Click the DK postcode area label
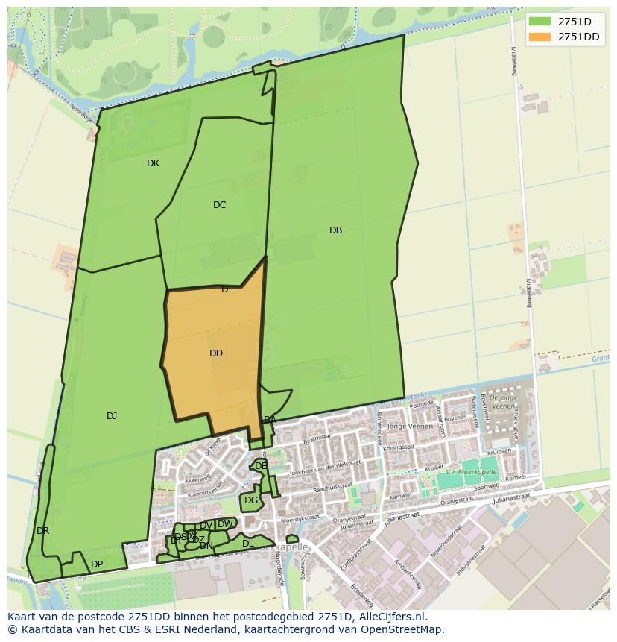[153, 163]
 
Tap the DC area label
[219, 205]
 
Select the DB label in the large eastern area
[335, 230]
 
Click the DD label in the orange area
[216, 353]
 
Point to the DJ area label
[112, 416]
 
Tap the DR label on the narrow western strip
[42, 531]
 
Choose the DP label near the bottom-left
[97, 564]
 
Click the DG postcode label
[251, 500]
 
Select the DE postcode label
[261, 466]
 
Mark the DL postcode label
[248, 544]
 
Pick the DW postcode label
[224, 524]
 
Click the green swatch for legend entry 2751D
[540, 21]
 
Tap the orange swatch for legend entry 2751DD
[540, 37]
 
